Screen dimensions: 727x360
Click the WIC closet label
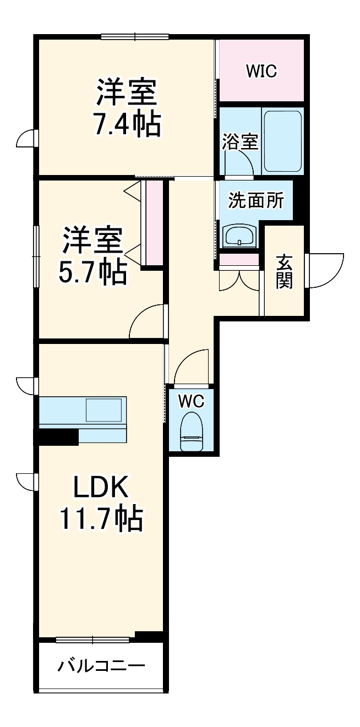tap(261, 70)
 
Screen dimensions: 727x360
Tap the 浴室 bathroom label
tap(240, 141)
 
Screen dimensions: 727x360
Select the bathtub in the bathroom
tap(282, 141)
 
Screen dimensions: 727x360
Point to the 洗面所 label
tap(256, 200)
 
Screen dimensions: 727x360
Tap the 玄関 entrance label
tap(284, 271)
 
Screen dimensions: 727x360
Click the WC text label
tap(190, 401)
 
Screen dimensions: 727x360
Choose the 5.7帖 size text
tap(92, 271)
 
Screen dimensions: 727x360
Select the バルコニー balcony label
tap(102, 666)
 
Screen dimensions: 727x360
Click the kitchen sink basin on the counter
tap(103, 411)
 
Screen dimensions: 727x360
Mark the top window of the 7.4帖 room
tap(135, 37)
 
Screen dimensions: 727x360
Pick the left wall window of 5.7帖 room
tap(36, 256)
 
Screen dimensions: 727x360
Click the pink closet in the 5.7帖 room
tap(154, 222)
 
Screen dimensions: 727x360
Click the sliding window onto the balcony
tap(92, 639)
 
